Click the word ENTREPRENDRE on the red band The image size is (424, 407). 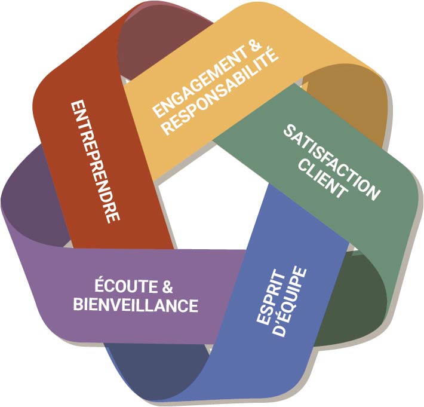tap(95, 163)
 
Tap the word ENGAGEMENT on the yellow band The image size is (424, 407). tap(200, 82)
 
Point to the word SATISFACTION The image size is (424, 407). tap(332, 161)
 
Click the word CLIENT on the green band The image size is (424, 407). tap(322, 179)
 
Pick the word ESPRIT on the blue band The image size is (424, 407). tap(271, 297)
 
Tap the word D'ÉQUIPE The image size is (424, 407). tap(289, 302)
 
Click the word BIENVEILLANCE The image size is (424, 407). tap(136, 305)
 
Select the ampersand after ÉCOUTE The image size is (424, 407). tap(167, 287)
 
